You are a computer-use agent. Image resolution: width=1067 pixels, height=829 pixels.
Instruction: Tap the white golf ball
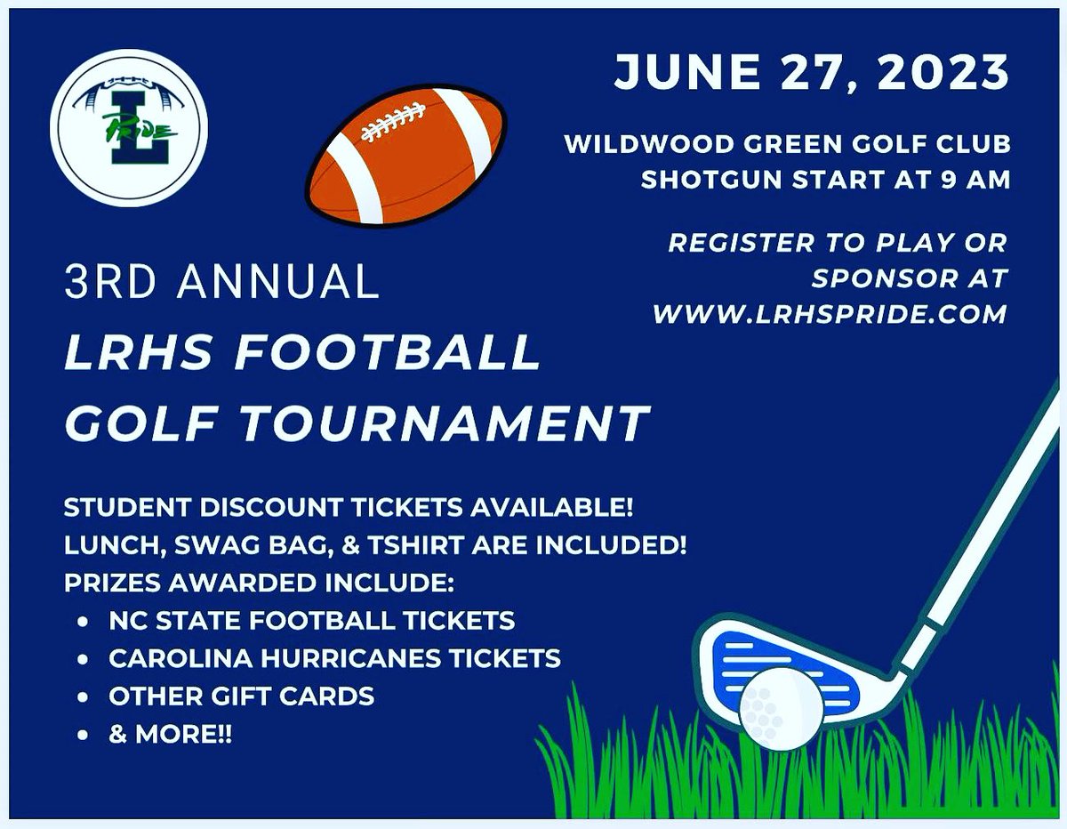click(780, 708)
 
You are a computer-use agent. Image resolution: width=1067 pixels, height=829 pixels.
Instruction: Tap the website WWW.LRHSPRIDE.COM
click(830, 313)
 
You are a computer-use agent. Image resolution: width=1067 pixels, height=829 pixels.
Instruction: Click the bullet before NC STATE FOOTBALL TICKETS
click(83, 620)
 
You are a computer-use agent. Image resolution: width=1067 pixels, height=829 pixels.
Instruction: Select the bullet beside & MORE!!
click(83, 736)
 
